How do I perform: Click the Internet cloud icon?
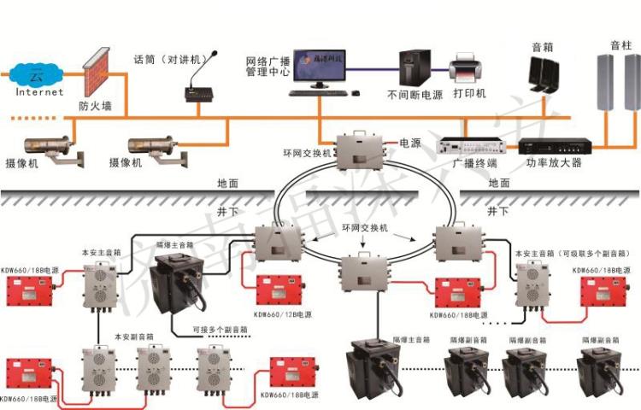(x=34, y=76)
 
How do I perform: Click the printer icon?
(x=464, y=66)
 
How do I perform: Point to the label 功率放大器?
(x=553, y=162)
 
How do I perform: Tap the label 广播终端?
(x=470, y=162)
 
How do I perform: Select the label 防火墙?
(x=96, y=107)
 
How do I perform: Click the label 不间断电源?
(x=415, y=95)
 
